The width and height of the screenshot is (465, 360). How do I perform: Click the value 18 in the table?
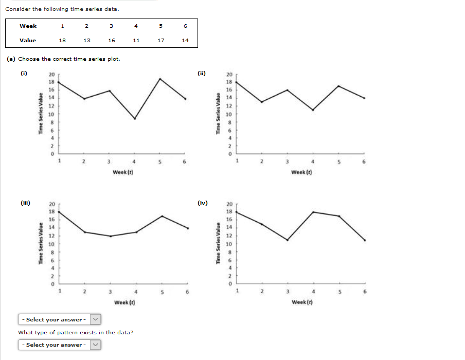(62, 40)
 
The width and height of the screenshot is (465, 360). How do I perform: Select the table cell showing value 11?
(136, 40)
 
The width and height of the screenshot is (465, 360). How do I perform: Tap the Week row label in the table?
(28, 26)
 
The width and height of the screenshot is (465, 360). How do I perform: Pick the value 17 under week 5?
(160, 40)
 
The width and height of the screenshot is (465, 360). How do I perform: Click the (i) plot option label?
(23, 73)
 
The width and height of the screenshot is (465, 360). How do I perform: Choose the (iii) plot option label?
(24, 203)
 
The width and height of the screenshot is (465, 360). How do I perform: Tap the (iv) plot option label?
(202, 203)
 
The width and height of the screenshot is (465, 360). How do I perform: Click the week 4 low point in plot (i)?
(135, 119)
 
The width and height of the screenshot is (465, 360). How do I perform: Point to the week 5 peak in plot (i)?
(160, 79)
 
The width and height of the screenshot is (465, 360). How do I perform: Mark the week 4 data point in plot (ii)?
(313, 110)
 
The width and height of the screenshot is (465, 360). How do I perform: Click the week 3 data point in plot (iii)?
(110, 236)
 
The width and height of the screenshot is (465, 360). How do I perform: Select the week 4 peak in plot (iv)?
(313, 212)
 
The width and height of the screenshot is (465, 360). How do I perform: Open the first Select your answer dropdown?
(59, 319)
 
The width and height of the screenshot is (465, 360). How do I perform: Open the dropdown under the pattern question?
(59, 345)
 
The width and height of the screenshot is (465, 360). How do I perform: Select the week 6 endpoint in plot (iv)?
(365, 240)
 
